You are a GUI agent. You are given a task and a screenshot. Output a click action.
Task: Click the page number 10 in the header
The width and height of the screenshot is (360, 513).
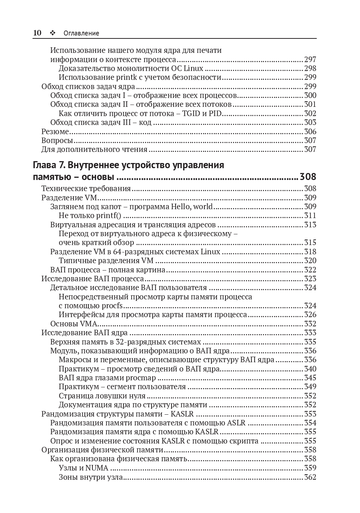(37, 33)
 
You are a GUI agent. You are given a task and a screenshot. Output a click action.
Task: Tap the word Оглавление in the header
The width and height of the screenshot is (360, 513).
(81, 33)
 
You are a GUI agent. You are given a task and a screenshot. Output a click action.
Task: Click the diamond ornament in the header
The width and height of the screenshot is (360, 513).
(52, 33)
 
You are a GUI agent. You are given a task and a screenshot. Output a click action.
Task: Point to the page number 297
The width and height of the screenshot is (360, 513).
(310, 60)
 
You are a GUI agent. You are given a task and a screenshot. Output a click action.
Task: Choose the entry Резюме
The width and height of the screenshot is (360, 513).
(55, 132)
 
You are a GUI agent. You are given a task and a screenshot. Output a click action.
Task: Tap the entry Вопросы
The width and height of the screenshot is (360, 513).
(57, 140)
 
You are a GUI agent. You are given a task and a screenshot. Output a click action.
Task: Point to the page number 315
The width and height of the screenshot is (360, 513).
(310, 242)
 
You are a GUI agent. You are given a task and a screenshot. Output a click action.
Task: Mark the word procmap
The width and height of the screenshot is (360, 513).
(141, 378)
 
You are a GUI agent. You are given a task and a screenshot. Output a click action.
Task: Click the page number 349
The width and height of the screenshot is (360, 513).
(310, 387)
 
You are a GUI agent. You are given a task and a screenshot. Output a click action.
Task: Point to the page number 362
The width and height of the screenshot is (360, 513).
(310, 477)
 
